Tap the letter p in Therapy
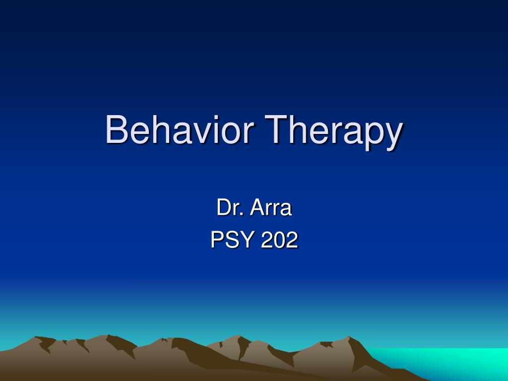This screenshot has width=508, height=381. (x=374, y=135)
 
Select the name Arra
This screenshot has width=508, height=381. (x=271, y=207)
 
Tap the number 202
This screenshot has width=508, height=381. (x=279, y=240)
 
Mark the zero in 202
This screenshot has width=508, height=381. (x=279, y=240)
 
